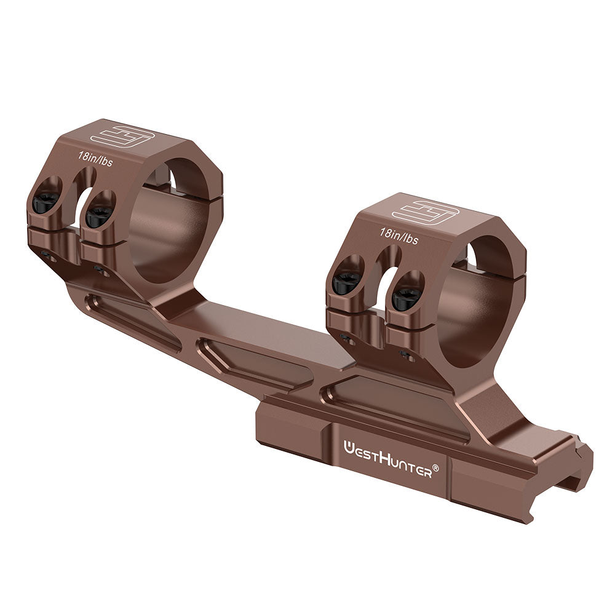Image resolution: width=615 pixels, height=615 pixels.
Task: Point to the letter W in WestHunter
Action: point(347,445)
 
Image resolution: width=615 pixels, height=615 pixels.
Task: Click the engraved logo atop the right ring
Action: point(426,212)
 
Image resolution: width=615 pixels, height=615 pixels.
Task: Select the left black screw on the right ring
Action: point(346,282)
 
